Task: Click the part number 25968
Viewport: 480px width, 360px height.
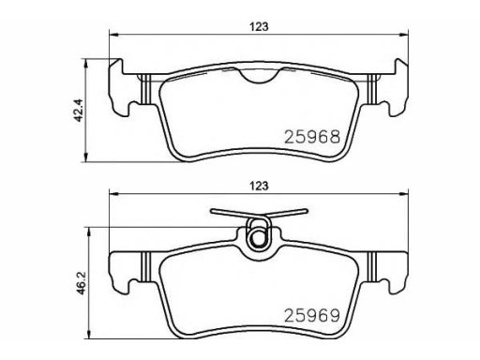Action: (x=311, y=137)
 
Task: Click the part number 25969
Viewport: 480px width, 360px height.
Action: (x=311, y=316)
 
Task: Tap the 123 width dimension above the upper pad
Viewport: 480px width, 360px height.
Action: (x=259, y=27)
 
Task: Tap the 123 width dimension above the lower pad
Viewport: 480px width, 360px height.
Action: (x=259, y=187)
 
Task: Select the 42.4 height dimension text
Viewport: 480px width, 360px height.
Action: (x=77, y=110)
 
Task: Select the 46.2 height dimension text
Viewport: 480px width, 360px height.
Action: (x=81, y=283)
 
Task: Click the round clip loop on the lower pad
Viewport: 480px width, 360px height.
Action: (x=258, y=238)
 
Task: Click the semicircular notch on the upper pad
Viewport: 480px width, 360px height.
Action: (x=259, y=77)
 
